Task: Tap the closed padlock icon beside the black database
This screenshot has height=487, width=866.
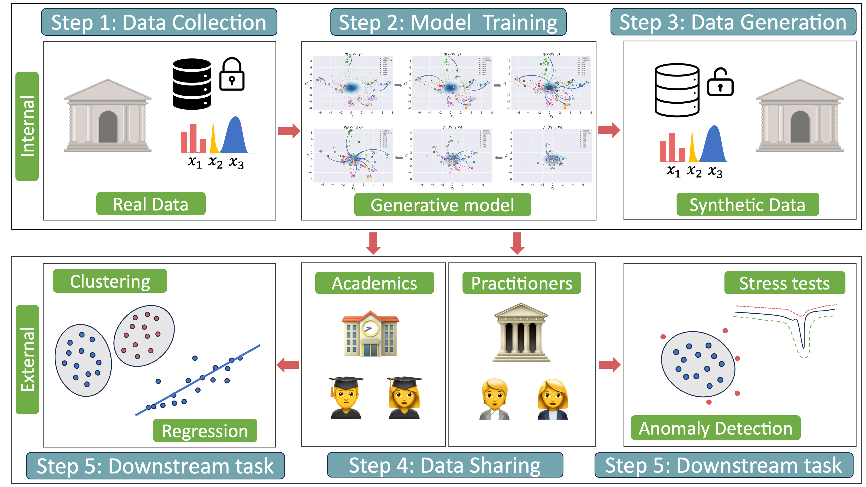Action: [x=232, y=75]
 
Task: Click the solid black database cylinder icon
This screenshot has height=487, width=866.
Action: [x=192, y=84]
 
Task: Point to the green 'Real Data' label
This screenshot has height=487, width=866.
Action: [x=151, y=204]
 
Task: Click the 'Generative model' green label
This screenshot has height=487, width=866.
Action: [x=442, y=205]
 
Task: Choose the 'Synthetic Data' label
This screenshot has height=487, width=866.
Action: [x=747, y=205]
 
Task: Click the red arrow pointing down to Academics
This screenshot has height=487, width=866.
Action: [x=373, y=243]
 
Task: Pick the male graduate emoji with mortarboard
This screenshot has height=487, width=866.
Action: [x=346, y=398]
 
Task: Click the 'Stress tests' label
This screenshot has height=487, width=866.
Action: [x=784, y=283]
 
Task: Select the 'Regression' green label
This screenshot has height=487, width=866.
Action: [x=205, y=430]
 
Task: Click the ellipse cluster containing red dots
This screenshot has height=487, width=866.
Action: [x=144, y=335]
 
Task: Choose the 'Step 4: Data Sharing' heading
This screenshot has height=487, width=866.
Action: [x=444, y=465]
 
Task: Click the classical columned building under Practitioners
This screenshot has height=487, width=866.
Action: [x=520, y=332]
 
